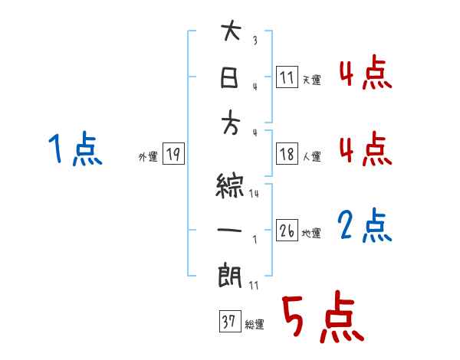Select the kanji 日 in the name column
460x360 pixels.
coord(230,78)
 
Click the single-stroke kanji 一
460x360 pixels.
coord(230,231)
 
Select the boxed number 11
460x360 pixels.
coord(287,77)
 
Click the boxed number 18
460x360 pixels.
coord(287,155)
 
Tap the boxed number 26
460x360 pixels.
coord(287,231)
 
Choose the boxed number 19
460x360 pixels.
coord(173,155)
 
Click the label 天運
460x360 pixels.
coord(311,80)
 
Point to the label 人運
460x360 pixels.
coord(311,157)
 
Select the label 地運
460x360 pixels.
coord(311,234)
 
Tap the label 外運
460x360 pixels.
coord(148,157)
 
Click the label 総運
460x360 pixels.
coord(254,324)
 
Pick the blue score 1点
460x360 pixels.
coord(74,149)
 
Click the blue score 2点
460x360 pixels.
coord(364,226)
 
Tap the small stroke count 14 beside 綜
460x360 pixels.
coord(254,195)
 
